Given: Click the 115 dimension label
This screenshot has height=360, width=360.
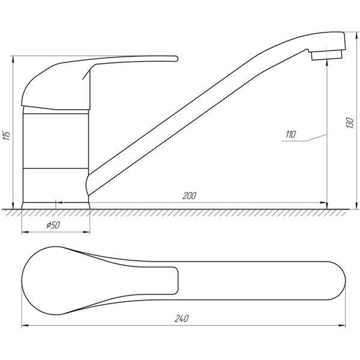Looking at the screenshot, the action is pyautogui.click(x=6, y=136).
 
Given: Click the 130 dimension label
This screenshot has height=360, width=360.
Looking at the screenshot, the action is pyautogui.click(x=350, y=123).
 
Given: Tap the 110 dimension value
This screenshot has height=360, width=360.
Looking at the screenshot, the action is pyautogui.click(x=291, y=134).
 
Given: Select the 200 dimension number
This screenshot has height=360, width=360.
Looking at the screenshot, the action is pyautogui.click(x=190, y=196).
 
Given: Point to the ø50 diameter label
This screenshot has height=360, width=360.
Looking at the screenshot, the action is pyautogui.click(x=53, y=225).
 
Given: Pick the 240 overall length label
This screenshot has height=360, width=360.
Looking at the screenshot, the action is pyautogui.click(x=182, y=319).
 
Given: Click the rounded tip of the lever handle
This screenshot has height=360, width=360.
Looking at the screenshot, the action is pyautogui.click(x=176, y=59).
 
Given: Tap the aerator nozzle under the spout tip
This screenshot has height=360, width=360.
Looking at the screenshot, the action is pyautogui.click(x=327, y=55).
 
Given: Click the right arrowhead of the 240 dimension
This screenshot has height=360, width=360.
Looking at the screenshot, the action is pyautogui.click(x=343, y=325).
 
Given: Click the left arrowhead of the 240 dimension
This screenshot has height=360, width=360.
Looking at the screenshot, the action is pyautogui.click(x=25, y=325).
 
